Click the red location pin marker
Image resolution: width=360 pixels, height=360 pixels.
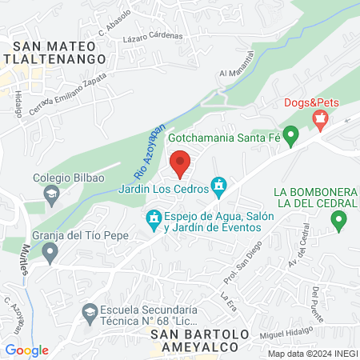click(x=180, y=162)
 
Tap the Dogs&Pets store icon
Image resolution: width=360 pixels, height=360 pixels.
click(x=321, y=121)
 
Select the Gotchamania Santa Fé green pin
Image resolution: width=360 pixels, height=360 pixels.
click(x=292, y=137)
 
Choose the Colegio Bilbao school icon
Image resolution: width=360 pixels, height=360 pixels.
click(x=51, y=194)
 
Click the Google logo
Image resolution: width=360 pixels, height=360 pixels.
click(x=27, y=350)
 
